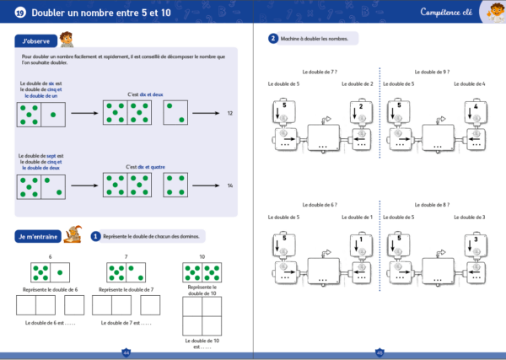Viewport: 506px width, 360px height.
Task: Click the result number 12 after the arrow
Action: coord(230,112)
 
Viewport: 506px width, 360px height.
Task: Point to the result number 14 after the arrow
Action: coord(230,185)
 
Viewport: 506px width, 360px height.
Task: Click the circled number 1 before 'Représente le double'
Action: coord(95,237)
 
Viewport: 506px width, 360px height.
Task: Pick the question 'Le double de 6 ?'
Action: coord(318,207)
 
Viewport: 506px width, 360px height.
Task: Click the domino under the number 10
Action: coord(202,271)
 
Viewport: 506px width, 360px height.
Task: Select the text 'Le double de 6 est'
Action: coord(50,322)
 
